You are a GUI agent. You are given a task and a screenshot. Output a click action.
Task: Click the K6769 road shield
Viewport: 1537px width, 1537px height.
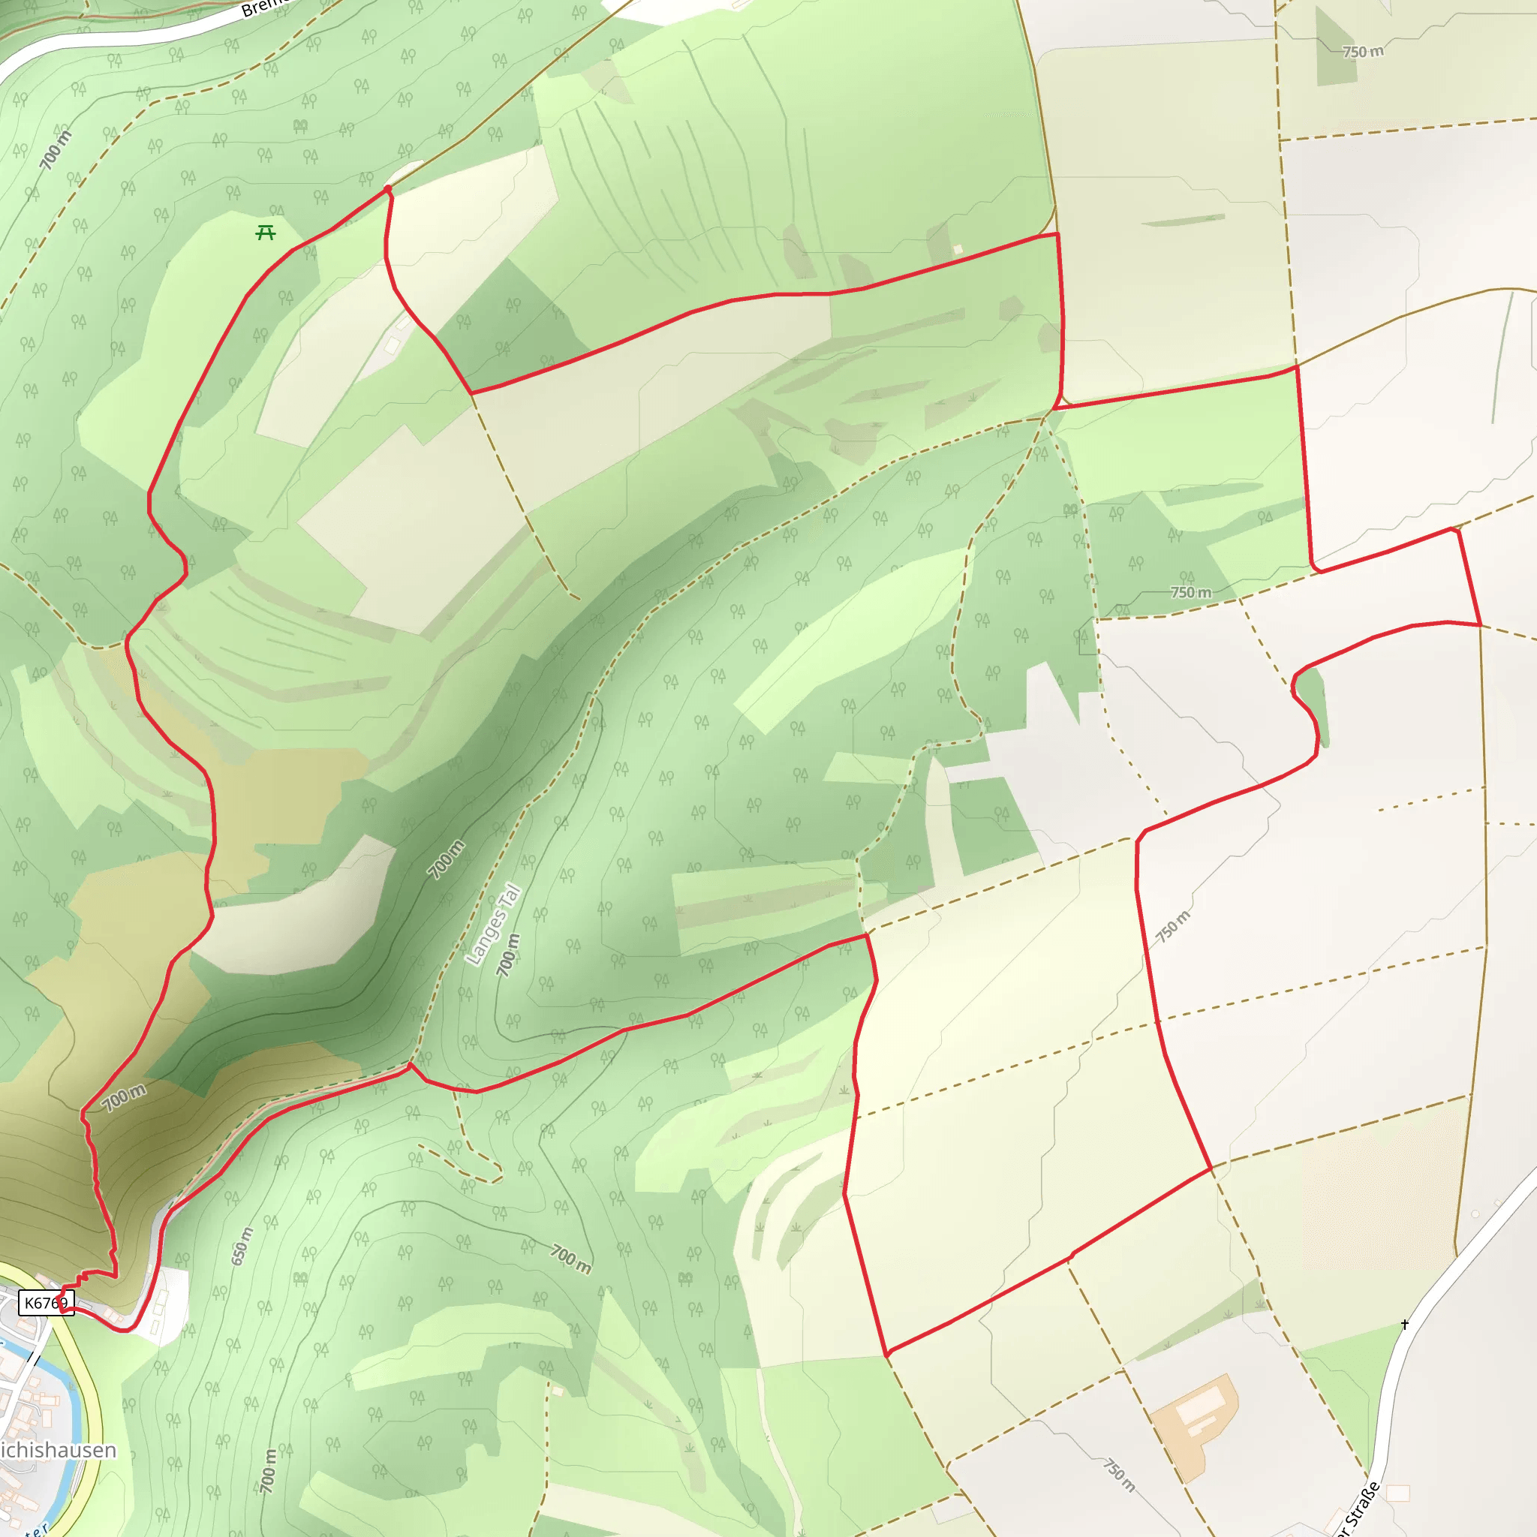click(45, 1302)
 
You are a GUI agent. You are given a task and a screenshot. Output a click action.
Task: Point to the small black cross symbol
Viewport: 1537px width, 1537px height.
click(1405, 1324)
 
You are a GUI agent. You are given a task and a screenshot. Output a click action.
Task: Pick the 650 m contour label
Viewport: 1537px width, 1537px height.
click(242, 1246)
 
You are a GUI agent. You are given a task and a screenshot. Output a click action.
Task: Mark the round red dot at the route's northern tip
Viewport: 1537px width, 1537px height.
click(387, 188)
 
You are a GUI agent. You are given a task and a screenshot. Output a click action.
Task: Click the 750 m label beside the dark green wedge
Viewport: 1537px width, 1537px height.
click(1363, 52)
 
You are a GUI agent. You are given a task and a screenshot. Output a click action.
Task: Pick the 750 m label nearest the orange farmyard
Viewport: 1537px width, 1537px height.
click(1118, 1474)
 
